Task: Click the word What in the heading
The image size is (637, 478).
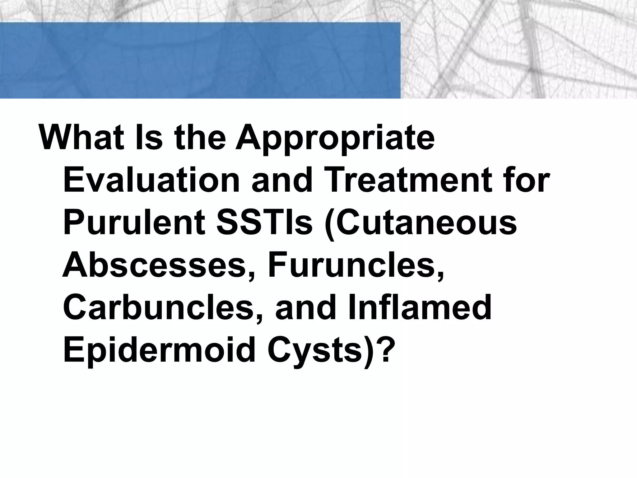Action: (x=81, y=137)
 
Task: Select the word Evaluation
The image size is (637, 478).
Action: (x=151, y=180)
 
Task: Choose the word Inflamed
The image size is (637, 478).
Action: (x=420, y=308)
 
